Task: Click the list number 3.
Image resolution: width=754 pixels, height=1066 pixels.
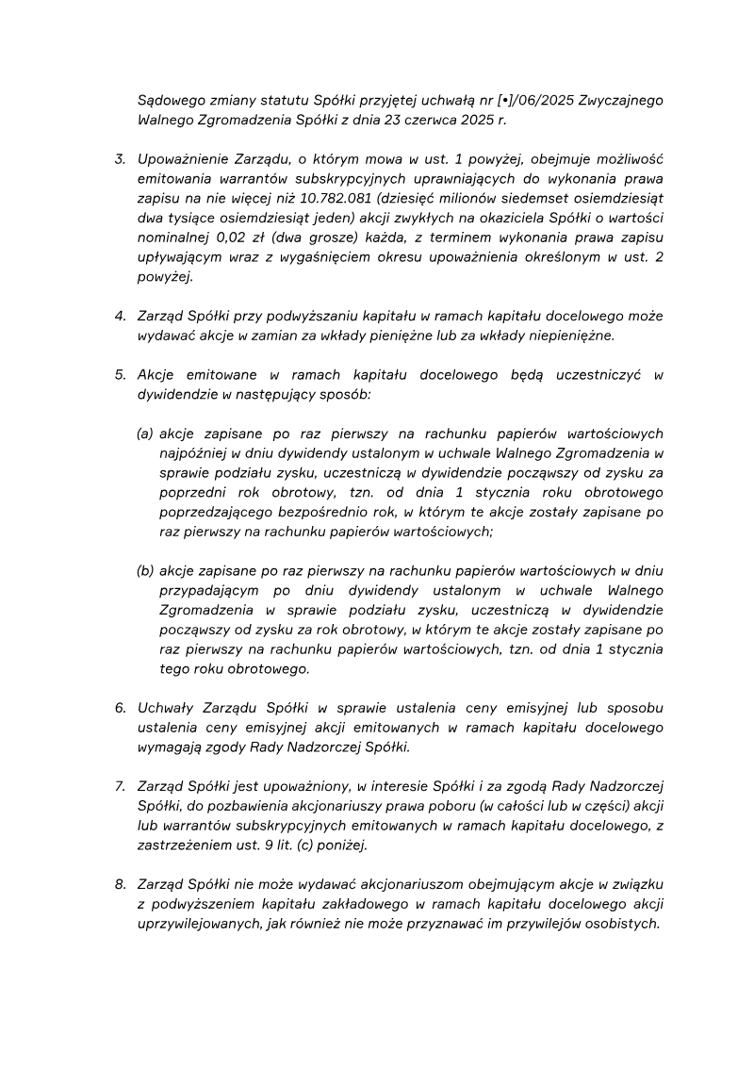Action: (x=120, y=158)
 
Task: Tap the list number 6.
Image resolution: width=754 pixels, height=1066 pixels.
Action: (x=120, y=708)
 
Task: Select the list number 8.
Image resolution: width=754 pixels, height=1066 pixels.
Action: (x=120, y=884)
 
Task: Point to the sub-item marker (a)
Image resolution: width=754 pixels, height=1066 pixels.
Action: (x=145, y=434)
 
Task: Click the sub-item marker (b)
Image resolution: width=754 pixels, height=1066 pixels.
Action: (x=145, y=570)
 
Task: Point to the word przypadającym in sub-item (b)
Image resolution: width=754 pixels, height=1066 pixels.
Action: (x=208, y=590)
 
